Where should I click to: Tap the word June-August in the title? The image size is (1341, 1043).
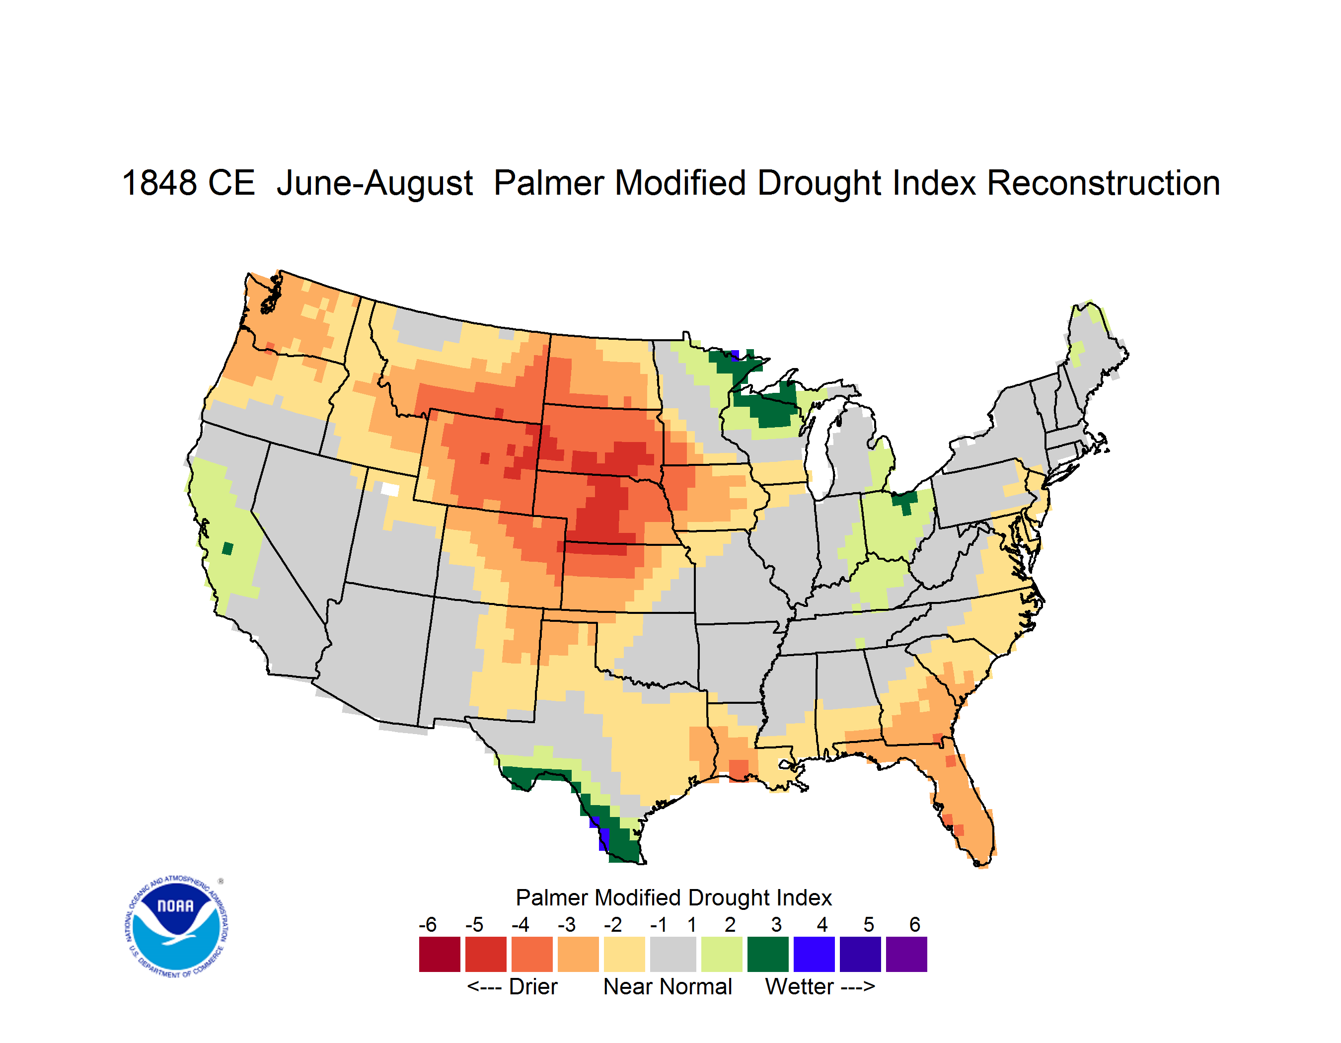[x=374, y=184]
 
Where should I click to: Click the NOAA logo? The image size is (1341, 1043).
[x=176, y=926]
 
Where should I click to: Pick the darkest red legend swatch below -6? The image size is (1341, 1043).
[x=440, y=954]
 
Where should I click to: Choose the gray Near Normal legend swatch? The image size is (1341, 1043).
[x=673, y=954]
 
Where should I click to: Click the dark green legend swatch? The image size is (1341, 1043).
[x=767, y=954]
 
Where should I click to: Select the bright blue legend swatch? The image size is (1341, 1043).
[x=814, y=954]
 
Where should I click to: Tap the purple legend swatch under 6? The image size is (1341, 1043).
[x=906, y=954]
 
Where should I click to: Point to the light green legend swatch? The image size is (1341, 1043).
[x=722, y=954]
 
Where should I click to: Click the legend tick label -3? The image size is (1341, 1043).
[x=566, y=924]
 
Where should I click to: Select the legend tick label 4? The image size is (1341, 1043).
[x=822, y=924]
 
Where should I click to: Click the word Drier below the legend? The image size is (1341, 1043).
[x=533, y=986]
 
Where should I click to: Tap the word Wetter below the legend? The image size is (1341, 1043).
[x=800, y=986]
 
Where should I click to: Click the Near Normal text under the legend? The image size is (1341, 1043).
[x=668, y=986]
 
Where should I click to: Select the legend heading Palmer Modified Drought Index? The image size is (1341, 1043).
[x=673, y=897]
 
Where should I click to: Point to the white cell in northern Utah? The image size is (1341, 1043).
[x=390, y=489]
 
